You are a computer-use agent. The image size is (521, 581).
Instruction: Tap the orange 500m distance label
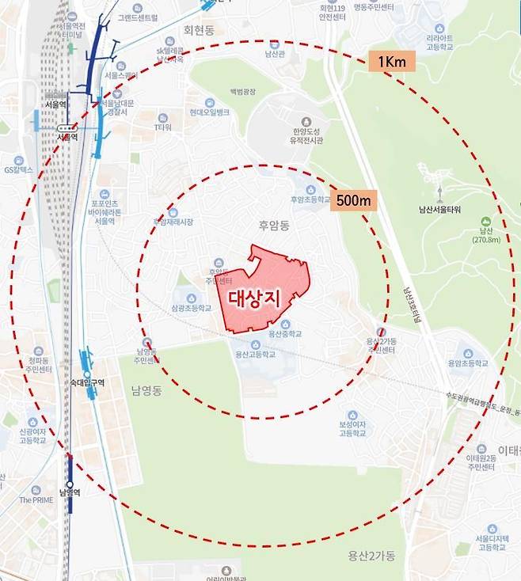click(353, 200)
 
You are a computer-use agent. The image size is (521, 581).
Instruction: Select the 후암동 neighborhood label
click(274, 226)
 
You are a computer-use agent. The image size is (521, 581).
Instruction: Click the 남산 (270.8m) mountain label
click(485, 234)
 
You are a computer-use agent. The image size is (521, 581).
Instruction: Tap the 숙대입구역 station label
click(86, 382)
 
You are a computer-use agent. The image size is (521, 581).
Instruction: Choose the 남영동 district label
click(147, 390)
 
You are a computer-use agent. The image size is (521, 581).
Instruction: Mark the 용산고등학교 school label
click(255, 354)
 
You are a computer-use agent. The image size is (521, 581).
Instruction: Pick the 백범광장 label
click(243, 93)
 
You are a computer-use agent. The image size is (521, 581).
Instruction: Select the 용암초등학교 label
click(466, 363)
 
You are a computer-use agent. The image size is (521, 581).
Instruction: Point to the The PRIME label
click(36, 499)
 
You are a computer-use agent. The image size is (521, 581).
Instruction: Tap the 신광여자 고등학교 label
click(33, 435)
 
